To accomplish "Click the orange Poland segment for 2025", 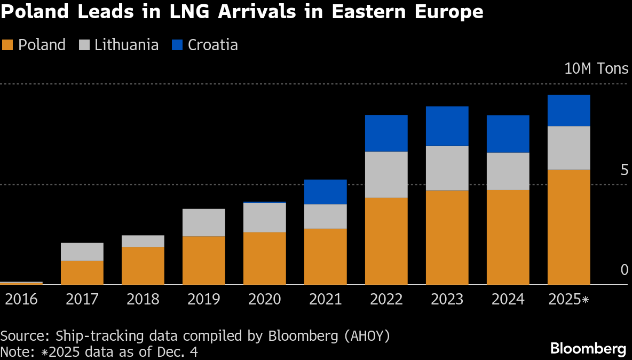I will (568, 227).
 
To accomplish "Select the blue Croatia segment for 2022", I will (386, 133).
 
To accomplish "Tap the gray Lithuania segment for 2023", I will (447, 168).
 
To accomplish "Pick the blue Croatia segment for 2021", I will (325, 192).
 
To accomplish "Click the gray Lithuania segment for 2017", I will (82, 252).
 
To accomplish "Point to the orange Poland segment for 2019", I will (203, 260).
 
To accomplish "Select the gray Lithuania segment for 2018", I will (143, 241).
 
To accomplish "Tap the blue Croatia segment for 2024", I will (508, 134).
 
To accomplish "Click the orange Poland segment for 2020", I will (264, 259).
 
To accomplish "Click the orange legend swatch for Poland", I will (7, 45).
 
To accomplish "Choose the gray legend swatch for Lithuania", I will (84, 45).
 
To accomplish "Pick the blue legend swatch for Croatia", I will (177, 45).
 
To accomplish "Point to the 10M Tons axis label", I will (596, 69).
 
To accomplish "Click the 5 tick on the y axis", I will (625, 170).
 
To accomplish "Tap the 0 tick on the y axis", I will (625, 270).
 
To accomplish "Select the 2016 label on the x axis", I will (21, 299).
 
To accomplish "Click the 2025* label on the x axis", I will (568, 299).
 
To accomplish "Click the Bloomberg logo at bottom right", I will (588, 349).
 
